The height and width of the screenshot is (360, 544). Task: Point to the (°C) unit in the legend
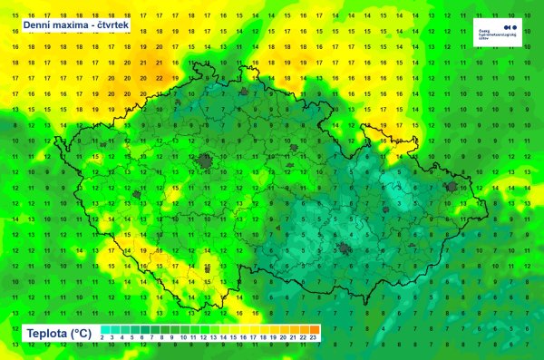[87, 331]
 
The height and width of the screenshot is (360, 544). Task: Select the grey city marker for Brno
[345, 249]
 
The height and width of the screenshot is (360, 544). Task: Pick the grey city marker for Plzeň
[137, 194]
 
